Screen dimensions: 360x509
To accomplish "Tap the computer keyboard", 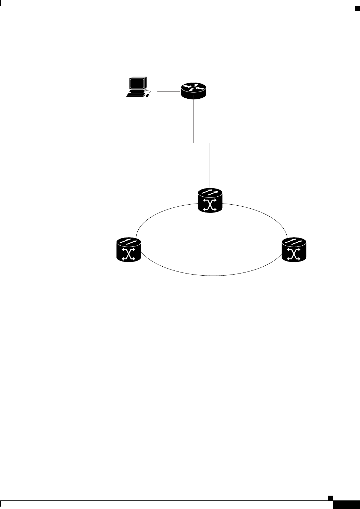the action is [x=135, y=95].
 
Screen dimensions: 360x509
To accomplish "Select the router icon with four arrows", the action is [x=194, y=90].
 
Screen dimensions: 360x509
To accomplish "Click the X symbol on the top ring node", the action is [x=210, y=206].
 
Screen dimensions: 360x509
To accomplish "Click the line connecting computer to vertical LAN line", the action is [x=152, y=84].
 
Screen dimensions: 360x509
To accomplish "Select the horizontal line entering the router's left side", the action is [x=169, y=92].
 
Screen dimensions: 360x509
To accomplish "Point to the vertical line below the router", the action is [x=194, y=120].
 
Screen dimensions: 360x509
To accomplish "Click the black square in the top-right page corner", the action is [x=357, y=8].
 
